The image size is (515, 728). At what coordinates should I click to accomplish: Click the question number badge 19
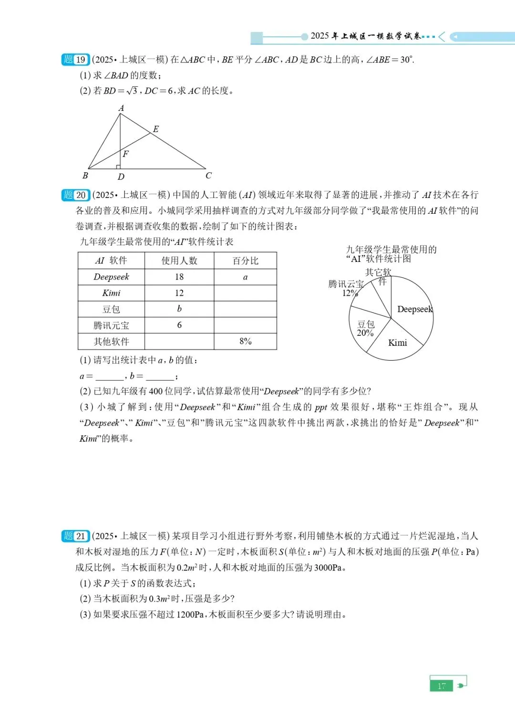75,60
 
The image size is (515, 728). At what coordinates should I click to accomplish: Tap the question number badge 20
75,195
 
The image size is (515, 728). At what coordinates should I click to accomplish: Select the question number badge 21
75,536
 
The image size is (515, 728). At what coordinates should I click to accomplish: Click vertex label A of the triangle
121,108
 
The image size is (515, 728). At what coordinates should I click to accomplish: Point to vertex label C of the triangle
208,176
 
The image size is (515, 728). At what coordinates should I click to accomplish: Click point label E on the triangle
155,129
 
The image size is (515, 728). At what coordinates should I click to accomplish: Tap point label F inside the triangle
125,154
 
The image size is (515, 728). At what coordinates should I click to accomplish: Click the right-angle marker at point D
118,167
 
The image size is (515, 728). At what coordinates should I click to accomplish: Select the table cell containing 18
179,277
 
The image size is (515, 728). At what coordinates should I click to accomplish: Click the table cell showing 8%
245,341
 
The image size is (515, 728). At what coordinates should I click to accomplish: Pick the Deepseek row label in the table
111,277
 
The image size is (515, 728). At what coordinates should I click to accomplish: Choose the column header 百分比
245,261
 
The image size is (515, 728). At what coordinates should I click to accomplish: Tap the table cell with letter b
179,309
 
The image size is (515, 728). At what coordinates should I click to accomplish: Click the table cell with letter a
245,277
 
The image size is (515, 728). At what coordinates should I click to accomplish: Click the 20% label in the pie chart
365,333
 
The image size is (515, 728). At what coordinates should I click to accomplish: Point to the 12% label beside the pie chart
350,293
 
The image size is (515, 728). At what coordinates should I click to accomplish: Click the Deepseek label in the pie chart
415,309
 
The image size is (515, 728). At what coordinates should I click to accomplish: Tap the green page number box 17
441,686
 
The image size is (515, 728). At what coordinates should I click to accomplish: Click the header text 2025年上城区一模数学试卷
366,36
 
